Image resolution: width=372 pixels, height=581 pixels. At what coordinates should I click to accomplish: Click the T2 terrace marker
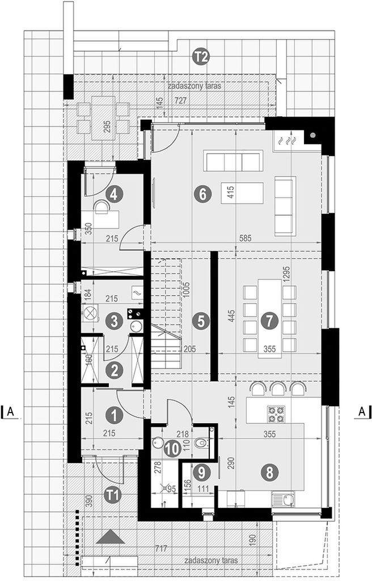point(202,57)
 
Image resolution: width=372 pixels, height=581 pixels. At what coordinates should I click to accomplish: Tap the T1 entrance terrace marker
point(114,495)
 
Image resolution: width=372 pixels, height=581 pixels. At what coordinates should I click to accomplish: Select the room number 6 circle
point(202,194)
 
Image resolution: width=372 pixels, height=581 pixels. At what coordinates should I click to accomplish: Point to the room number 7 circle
point(269,321)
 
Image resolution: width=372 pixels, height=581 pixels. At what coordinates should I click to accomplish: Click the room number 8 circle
point(269,473)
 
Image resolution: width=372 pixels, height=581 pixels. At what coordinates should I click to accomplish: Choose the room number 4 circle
point(114,194)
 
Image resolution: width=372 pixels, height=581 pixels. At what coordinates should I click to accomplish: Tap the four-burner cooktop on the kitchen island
point(276,414)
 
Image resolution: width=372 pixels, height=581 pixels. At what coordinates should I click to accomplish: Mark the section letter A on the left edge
point(11,411)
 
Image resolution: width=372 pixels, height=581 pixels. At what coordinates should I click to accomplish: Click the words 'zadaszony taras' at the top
point(195,86)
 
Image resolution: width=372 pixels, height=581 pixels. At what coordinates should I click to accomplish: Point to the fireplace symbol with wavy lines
point(288,141)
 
